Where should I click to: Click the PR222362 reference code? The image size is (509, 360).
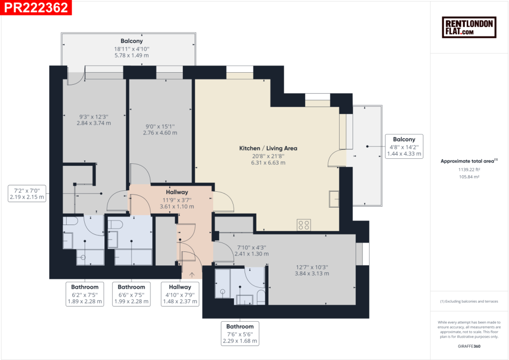coord(36,7)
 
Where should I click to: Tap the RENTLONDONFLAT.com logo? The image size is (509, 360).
coord(469,27)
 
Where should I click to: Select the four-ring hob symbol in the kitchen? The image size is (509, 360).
coord(304,225)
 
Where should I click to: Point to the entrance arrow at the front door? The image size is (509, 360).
coord(192,275)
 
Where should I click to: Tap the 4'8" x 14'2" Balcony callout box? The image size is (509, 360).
coord(404,146)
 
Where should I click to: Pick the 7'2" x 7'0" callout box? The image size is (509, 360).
coord(27,194)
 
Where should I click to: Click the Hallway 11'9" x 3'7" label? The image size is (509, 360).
coord(177,199)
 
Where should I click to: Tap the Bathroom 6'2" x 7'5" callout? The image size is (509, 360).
coord(85,294)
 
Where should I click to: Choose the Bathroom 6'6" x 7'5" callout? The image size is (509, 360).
coord(131,294)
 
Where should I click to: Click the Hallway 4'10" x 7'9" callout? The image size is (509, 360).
coord(180,294)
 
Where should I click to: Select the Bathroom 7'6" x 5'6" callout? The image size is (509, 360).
coord(240,334)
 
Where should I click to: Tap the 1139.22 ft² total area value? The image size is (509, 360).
coord(469,169)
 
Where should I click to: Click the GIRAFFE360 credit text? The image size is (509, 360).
coord(469,346)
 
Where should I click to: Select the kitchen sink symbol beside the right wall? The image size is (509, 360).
coord(334,199)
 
